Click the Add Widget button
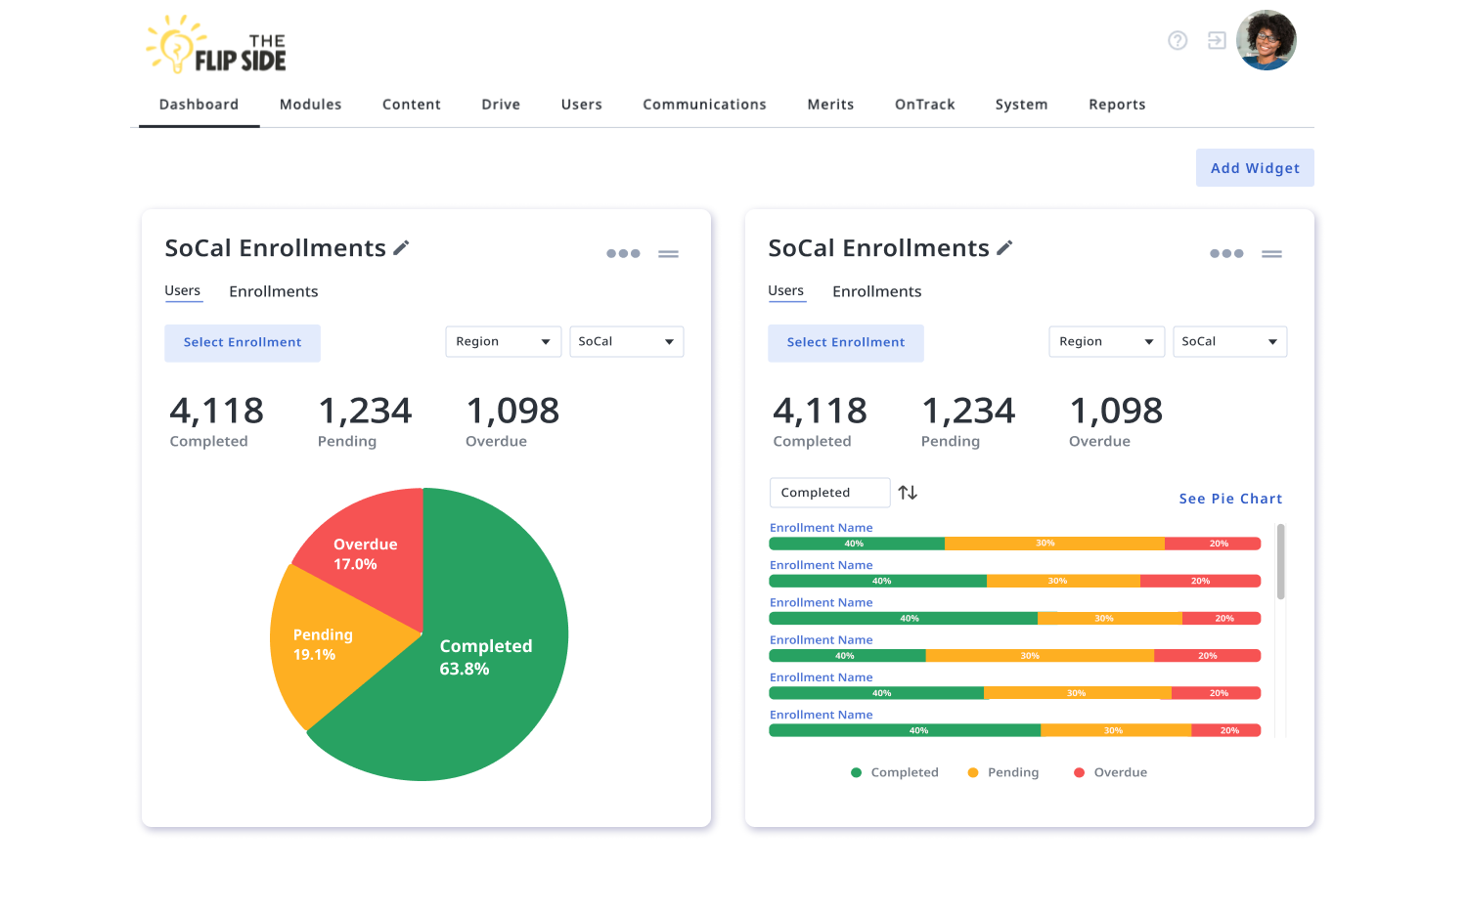[x=1254, y=168]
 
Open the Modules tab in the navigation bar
[x=310, y=105]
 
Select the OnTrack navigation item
[x=924, y=105]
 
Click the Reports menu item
[x=1116, y=105]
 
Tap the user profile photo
[x=1266, y=41]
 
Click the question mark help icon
[x=1178, y=41]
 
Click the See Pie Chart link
[x=1229, y=499]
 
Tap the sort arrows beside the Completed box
[x=908, y=493]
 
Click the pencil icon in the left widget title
[x=401, y=248]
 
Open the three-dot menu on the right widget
[x=1225, y=253]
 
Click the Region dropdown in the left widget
[x=503, y=341]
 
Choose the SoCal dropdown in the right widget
[x=1228, y=341]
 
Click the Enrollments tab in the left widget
[x=273, y=291]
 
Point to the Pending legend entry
[x=1003, y=772]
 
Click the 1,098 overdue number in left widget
[x=512, y=411]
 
